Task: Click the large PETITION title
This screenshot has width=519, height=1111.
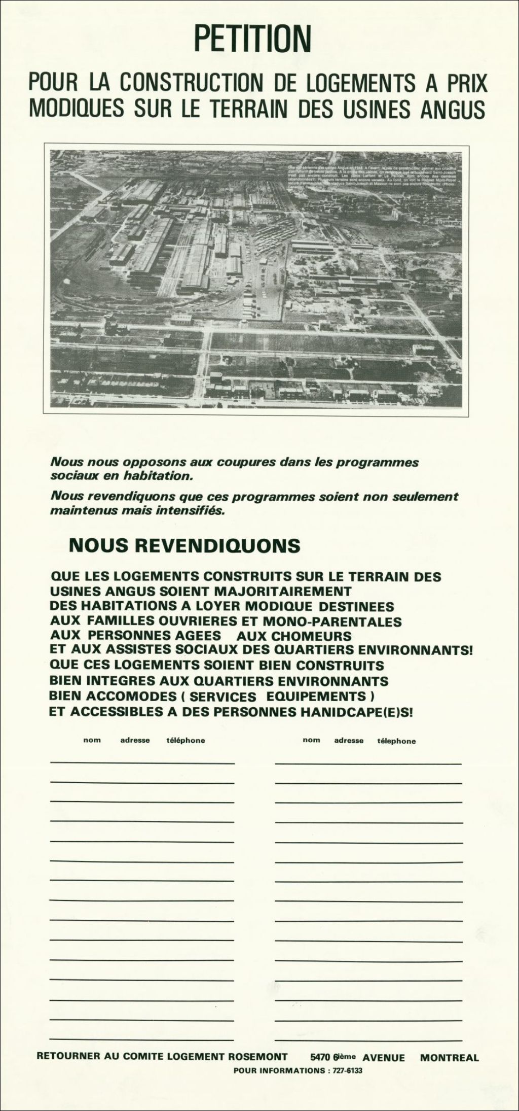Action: [253, 40]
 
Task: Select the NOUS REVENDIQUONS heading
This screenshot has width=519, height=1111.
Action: [184, 546]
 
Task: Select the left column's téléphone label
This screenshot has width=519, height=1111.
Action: [186, 740]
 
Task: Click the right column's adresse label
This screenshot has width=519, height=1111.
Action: [349, 741]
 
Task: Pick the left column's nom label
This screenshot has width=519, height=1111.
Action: [92, 740]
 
